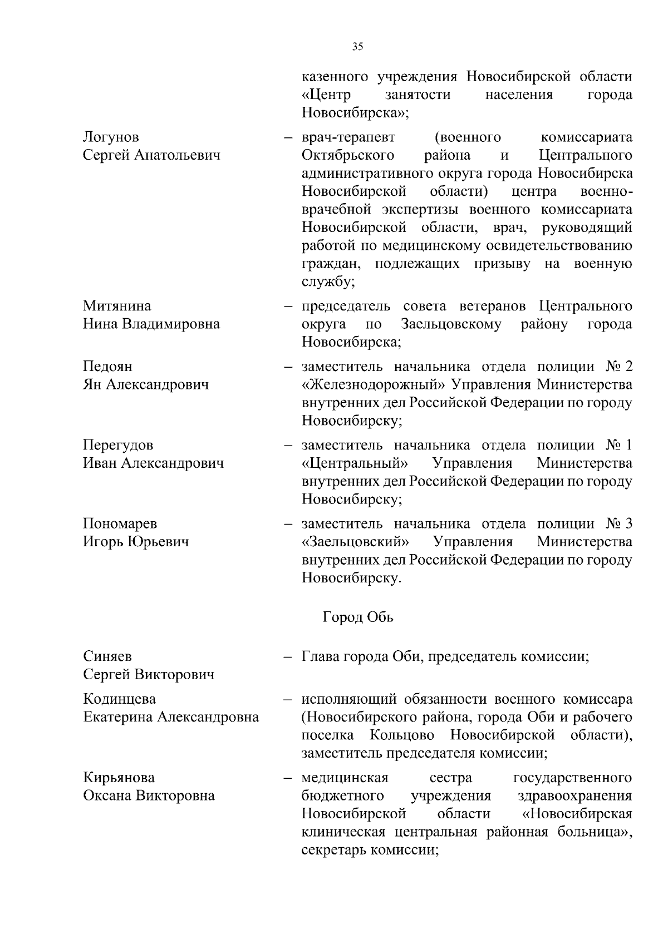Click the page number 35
tap(357, 47)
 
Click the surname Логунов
tap(111, 137)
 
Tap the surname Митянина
tap(117, 306)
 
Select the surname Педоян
tap(107, 367)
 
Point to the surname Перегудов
tap(118, 445)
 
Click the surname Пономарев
tap(120, 523)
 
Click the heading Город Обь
tap(357, 617)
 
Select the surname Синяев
tap(107, 657)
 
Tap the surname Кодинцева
tap(119, 699)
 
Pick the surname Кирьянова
tap(119, 778)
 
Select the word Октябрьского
tap(348, 155)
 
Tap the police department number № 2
tap(618, 367)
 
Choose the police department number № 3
tap(618, 523)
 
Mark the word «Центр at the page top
tap(327, 95)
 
